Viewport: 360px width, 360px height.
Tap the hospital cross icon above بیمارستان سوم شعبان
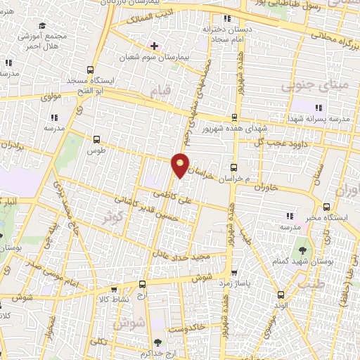[x=154, y=46]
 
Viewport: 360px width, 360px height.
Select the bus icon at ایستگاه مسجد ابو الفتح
[x=89, y=70]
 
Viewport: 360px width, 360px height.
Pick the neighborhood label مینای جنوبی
[x=304, y=86]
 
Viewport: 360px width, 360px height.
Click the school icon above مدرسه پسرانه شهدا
[x=319, y=108]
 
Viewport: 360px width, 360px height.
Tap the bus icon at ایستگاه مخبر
[x=326, y=207]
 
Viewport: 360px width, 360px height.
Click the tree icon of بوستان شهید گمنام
[x=302, y=249]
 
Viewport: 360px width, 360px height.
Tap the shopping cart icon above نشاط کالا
[x=143, y=285]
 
